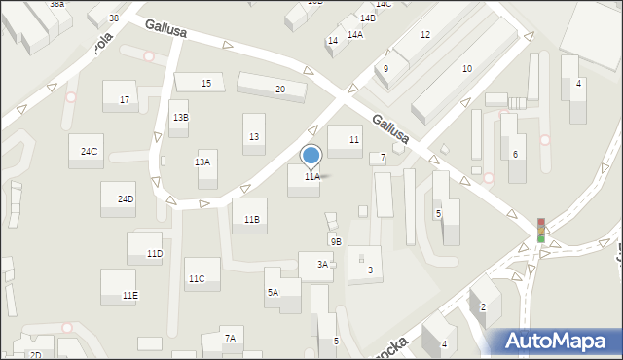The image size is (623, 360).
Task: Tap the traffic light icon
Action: pyautogui.click(x=541, y=230)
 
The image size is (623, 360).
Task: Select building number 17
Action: pyautogui.click(x=124, y=99)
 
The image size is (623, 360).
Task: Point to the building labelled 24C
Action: pyautogui.click(x=89, y=151)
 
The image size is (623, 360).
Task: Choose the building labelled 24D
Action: pyautogui.click(x=125, y=198)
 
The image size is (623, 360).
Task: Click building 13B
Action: pyautogui.click(x=180, y=117)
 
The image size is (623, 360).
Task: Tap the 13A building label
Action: pyautogui.click(x=203, y=162)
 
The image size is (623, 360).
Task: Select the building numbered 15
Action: pyautogui.click(x=206, y=84)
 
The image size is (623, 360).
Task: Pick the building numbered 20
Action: pyautogui.click(x=279, y=89)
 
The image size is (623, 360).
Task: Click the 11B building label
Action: pyautogui.click(x=251, y=219)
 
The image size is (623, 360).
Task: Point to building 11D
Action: pyautogui.click(x=154, y=253)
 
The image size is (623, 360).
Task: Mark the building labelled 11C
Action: pyautogui.click(x=197, y=278)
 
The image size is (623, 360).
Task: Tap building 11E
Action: pyautogui.click(x=129, y=294)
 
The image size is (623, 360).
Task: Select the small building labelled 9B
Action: pyautogui.click(x=335, y=241)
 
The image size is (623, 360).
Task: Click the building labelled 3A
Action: pyautogui.click(x=322, y=264)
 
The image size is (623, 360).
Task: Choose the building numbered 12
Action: pyautogui.click(x=425, y=34)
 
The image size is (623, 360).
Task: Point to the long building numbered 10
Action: pyautogui.click(x=467, y=68)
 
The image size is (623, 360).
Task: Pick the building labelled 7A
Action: pyautogui.click(x=231, y=338)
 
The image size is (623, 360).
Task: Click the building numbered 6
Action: pyautogui.click(x=515, y=154)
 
